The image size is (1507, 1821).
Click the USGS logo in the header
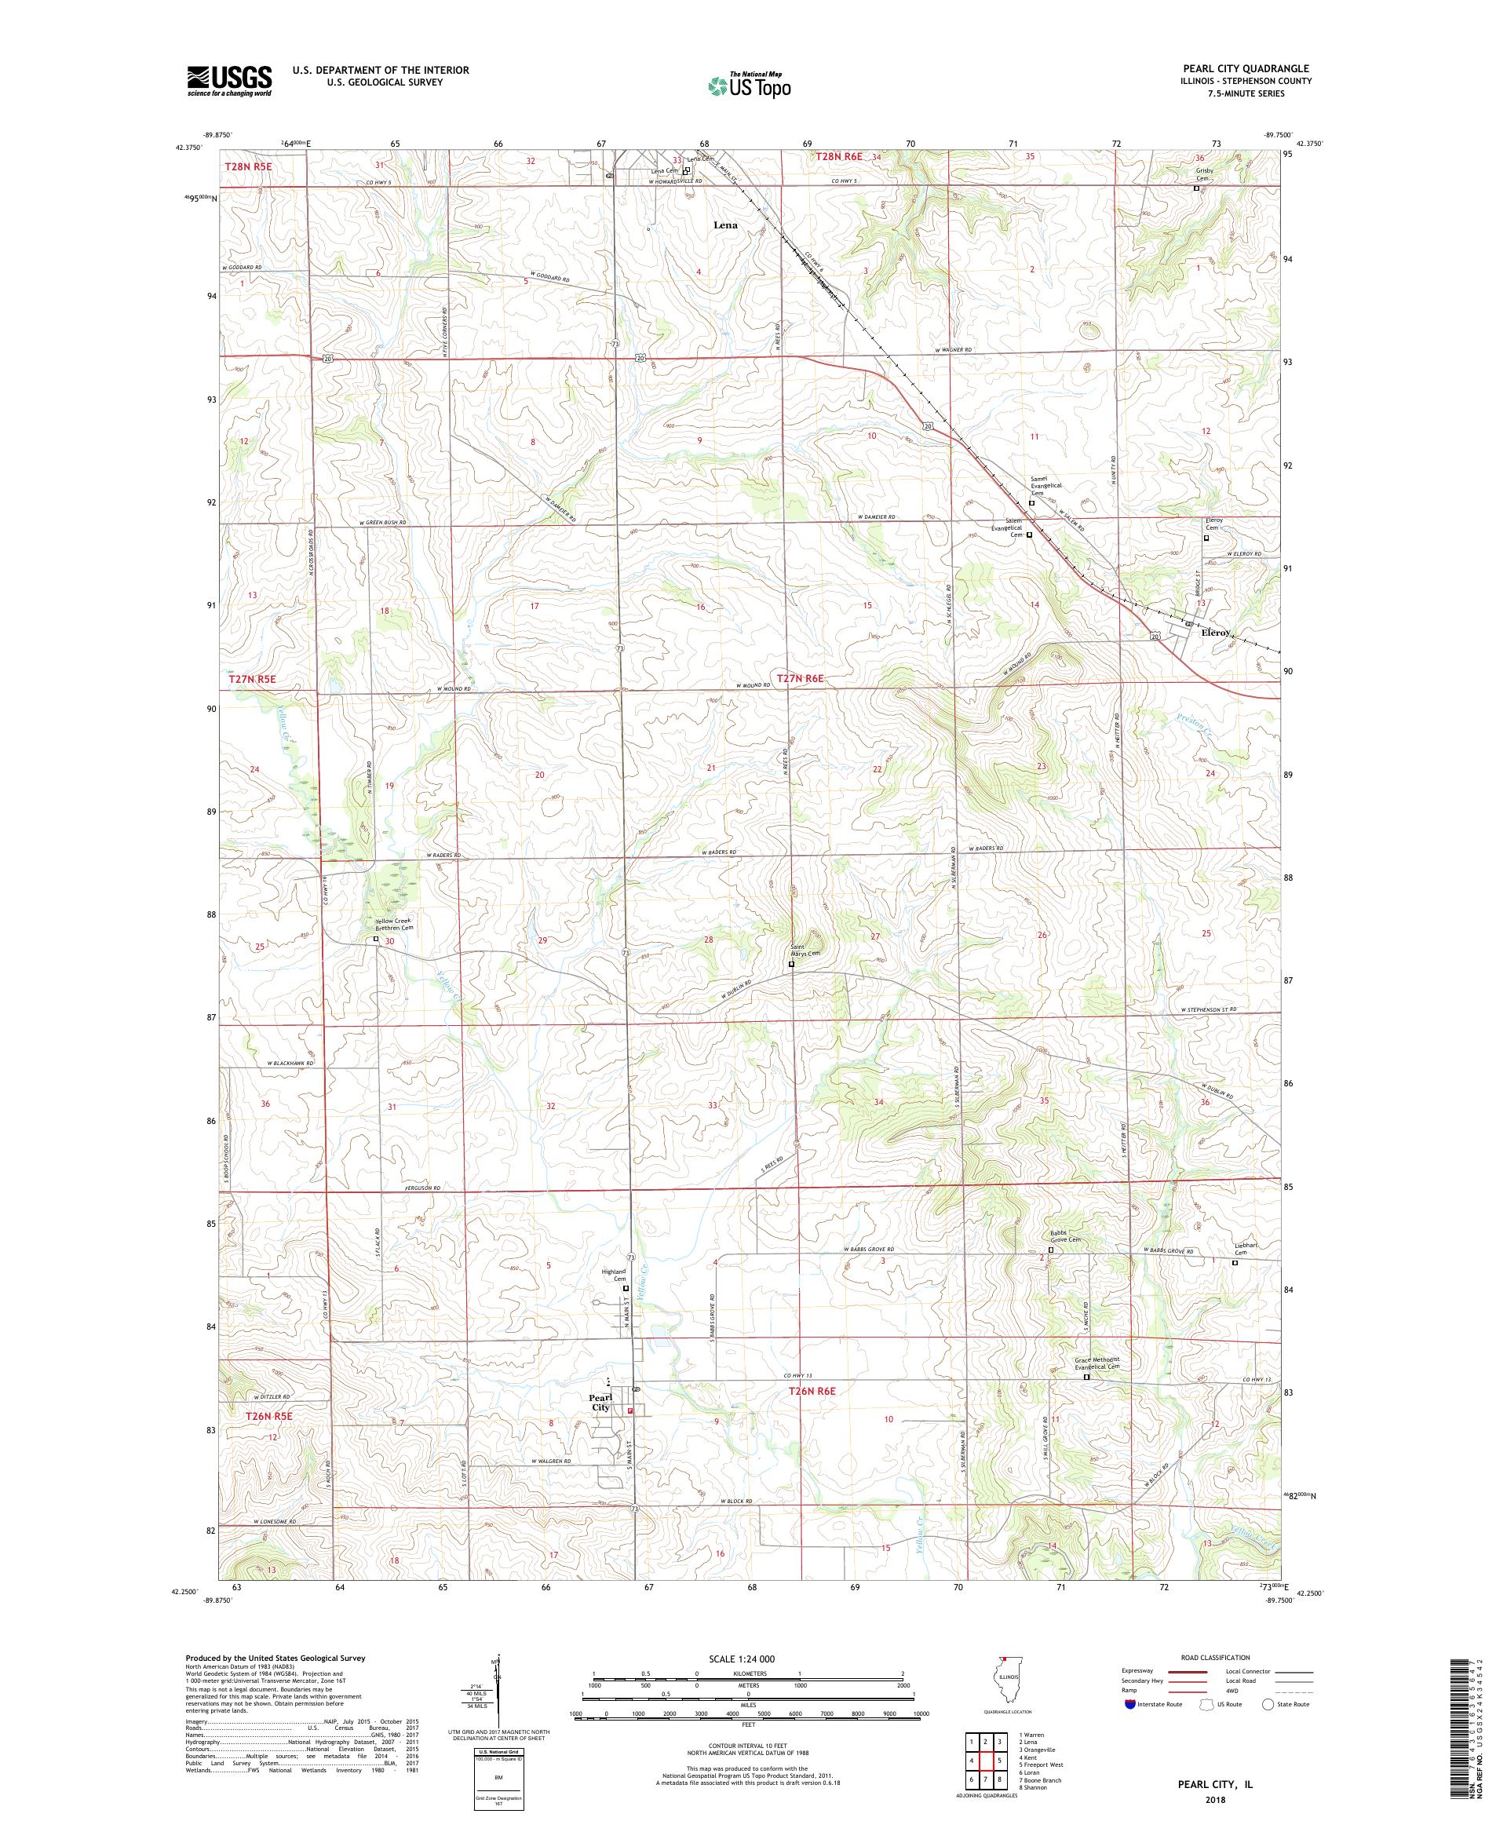click(x=229, y=81)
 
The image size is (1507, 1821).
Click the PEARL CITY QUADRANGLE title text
click(x=1242, y=68)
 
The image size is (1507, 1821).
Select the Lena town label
click(x=725, y=225)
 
